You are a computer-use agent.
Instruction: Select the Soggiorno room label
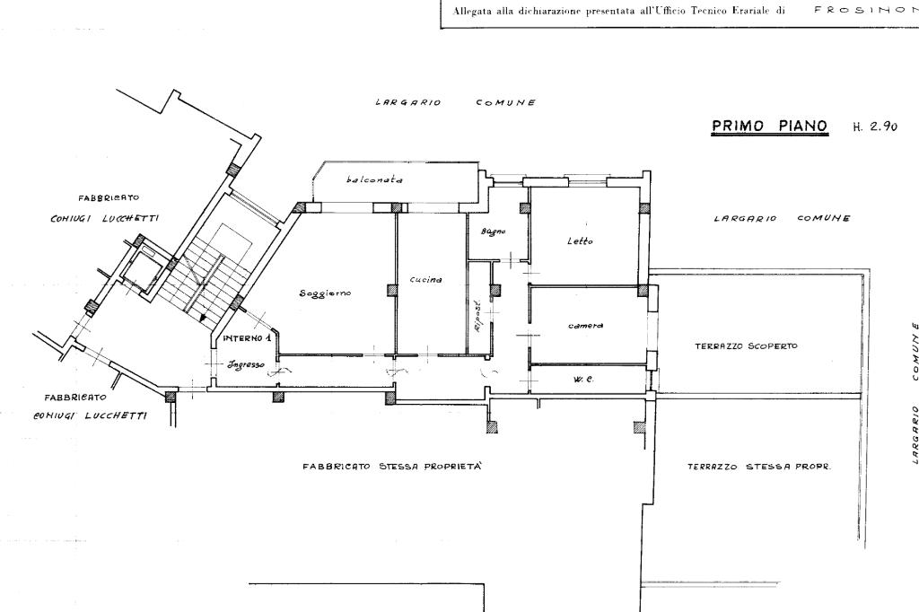click(x=325, y=294)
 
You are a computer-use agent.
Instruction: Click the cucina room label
click(x=425, y=280)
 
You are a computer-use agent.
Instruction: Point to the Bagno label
click(x=493, y=232)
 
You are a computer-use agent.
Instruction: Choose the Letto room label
click(x=581, y=240)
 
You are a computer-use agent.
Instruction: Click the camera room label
click(x=585, y=325)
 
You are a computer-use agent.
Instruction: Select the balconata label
click(x=374, y=179)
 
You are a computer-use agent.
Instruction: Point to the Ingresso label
click(x=245, y=364)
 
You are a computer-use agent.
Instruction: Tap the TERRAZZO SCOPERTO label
click(x=746, y=345)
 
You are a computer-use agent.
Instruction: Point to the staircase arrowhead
click(x=205, y=316)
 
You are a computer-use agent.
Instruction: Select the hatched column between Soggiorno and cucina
click(x=391, y=290)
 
